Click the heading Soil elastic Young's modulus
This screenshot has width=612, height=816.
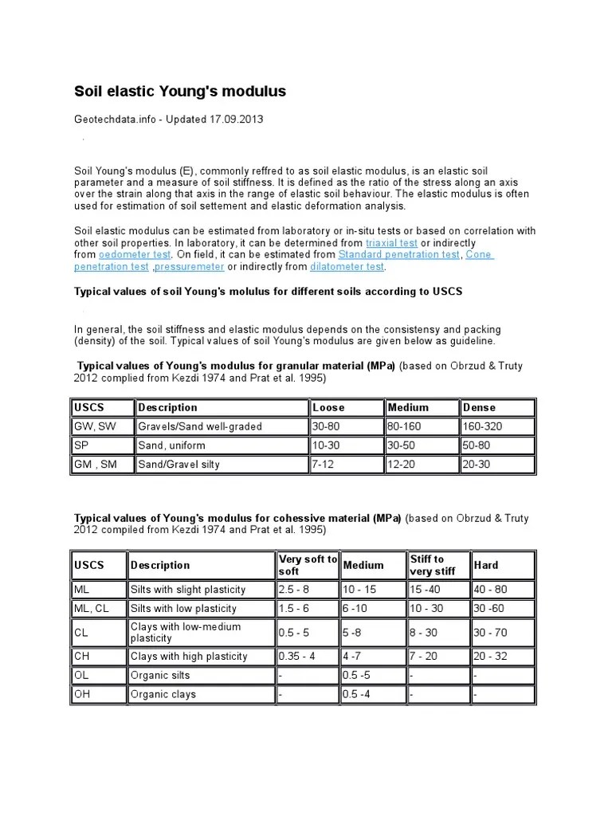pos(179,92)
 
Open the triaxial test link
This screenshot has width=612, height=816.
pos(391,242)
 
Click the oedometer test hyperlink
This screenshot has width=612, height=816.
pos(135,254)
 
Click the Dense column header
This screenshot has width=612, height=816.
pos(479,407)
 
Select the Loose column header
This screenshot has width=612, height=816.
pos(328,407)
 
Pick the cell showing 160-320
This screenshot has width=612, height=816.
pos(483,426)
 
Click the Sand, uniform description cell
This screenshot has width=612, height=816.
pos(171,445)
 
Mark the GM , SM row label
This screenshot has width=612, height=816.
pos(95,465)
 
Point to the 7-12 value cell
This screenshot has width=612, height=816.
pos(324,465)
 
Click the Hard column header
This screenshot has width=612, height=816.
pos(486,565)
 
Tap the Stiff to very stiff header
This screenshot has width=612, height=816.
pos(432,565)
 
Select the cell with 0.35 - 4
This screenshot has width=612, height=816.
pos(296,657)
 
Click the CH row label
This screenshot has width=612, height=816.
pos(82,657)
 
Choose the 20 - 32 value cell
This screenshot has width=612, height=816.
pos(490,657)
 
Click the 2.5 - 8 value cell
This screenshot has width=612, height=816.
pos(295,590)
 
